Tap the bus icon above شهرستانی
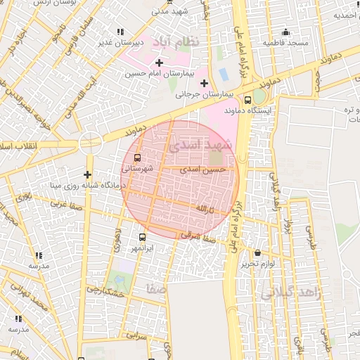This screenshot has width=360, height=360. pos(137,157)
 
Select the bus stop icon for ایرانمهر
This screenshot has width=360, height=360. pos(143,237)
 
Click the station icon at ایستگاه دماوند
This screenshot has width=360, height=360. pos(247,100)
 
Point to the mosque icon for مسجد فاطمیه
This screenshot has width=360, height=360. pos(285,32)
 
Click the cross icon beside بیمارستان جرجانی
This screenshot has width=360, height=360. pos(204,83)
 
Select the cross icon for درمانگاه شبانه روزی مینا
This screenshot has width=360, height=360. pos(87,174)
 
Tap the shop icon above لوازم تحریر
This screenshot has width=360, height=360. pos(257,253)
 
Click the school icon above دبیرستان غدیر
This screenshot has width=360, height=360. pos(120,32)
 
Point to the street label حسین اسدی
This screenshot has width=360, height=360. pos(203,169)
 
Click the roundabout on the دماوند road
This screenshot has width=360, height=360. pos(91,142)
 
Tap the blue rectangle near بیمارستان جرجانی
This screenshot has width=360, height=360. pos(224,73)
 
